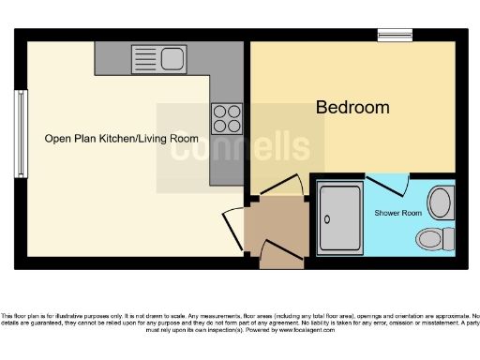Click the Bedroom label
pos(352,108)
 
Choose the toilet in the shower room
pos(434,237)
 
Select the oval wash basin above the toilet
pos(438,201)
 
